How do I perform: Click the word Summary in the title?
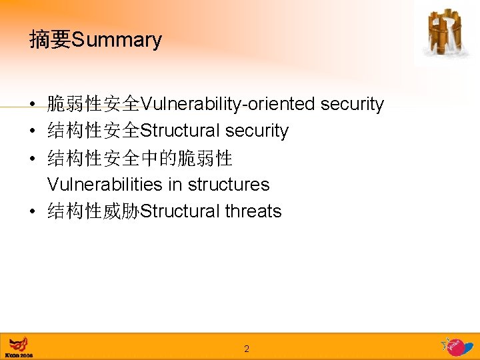(x=116, y=40)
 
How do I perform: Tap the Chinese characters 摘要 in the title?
(x=50, y=40)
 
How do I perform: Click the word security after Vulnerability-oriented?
(x=352, y=104)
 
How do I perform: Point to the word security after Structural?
(x=257, y=131)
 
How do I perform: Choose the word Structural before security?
(x=180, y=131)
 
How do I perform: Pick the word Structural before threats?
(x=180, y=211)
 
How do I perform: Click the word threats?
(x=253, y=211)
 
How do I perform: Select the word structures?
(x=229, y=184)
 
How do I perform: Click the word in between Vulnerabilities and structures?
(x=175, y=184)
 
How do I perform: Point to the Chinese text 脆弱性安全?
(x=93, y=104)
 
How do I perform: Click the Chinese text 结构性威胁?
(x=93, y=211)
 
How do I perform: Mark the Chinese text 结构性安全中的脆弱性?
(x=139, y=158)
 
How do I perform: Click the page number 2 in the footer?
(x=246, y=349)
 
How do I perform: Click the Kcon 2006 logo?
(x=19, y=347)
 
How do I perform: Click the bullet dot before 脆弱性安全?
(x=33, y=105)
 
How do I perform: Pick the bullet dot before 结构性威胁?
(x=33, y=212)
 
